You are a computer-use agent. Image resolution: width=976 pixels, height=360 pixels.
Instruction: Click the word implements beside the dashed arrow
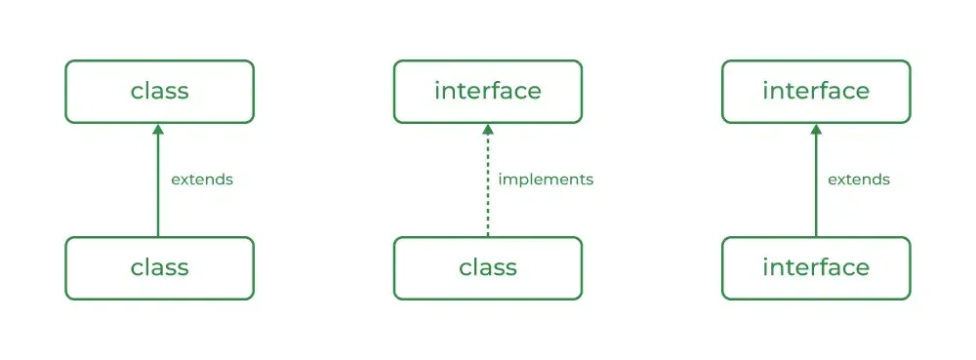coord(546,180)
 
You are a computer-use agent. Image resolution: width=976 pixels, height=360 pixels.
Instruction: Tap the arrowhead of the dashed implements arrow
coord(488,130)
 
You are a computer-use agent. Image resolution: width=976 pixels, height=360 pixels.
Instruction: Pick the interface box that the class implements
coord(488,92)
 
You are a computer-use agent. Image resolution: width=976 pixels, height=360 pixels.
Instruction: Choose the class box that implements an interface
coord(488,268)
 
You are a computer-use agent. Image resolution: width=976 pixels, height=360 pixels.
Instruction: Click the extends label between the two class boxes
coord(202,180)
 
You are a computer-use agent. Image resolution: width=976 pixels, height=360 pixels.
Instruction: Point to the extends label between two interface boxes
coord(859,180)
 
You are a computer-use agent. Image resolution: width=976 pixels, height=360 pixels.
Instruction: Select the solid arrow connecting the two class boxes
coord(158,180)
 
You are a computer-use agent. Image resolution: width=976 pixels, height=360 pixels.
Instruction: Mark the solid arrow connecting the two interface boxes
coord(816,180)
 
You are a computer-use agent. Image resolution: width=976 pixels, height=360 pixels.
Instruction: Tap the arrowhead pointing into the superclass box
coord(158,130)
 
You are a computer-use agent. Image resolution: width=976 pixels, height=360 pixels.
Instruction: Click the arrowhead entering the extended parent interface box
coord(816,130)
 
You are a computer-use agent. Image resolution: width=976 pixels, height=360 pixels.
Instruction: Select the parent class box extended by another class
coord(159,92)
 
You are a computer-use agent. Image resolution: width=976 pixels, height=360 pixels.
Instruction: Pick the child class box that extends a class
coord(159,268)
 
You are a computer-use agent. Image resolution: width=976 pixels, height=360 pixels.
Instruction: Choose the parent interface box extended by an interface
coord(816,92)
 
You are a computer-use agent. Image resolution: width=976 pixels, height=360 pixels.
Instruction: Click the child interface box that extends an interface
coord(816,268)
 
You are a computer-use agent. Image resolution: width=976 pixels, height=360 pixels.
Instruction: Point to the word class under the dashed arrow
coord(488,267)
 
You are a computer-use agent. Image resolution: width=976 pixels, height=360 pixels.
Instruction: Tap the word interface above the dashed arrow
coord(488,91)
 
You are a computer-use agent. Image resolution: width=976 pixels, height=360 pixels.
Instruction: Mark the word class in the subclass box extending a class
coord(159,267)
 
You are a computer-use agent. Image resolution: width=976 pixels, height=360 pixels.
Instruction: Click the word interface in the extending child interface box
coord(816,267)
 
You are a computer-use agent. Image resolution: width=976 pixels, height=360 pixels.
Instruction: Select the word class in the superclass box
coord(159,91)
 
